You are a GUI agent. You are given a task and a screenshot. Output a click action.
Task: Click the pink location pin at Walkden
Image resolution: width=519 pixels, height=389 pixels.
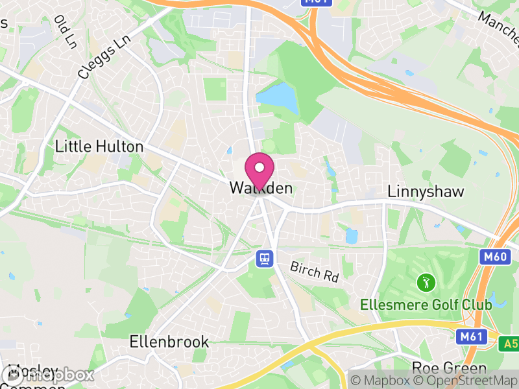(259, 170)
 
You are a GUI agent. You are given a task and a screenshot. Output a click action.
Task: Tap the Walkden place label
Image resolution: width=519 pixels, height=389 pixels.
(261, 189)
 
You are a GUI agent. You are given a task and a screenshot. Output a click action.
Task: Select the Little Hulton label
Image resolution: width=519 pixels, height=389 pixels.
(99, 147)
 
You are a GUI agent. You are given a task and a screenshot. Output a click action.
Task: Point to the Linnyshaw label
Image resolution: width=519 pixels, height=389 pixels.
(419, 192)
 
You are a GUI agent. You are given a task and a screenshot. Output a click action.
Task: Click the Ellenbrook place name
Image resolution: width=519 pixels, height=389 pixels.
(169, 341)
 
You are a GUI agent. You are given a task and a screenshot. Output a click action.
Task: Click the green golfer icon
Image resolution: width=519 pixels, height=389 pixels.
(426, 283)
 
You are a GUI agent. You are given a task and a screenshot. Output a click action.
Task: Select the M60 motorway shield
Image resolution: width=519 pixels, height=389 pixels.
(494, 257)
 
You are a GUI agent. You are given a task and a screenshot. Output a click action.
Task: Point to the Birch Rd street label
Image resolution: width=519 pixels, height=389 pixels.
(315, 271)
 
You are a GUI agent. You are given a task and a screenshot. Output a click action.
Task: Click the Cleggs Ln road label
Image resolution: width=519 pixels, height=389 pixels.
(104, 56)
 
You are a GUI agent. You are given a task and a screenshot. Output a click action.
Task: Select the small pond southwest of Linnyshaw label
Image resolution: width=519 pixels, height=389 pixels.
(352, 235)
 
